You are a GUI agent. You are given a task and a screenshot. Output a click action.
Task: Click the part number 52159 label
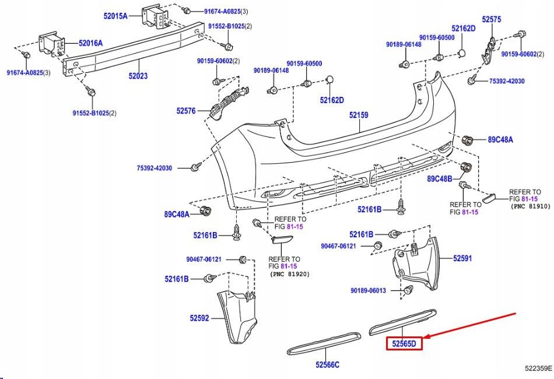[359, 115]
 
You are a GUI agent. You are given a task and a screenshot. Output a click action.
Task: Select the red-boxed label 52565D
[404, 344]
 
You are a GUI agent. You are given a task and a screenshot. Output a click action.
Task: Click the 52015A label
[115, 16]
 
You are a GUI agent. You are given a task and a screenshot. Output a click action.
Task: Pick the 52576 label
[186, 110]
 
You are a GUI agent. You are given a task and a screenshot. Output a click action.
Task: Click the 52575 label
[492, 20]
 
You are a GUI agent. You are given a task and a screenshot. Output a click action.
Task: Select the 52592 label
[199, 318]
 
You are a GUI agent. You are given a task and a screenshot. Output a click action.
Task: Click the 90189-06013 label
[369, 290]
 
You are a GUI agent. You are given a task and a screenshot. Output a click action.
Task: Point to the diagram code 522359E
[538, 369]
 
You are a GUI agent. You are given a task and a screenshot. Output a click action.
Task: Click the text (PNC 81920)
[290, 273]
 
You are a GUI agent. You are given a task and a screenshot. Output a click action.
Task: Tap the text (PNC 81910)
[530, 206]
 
